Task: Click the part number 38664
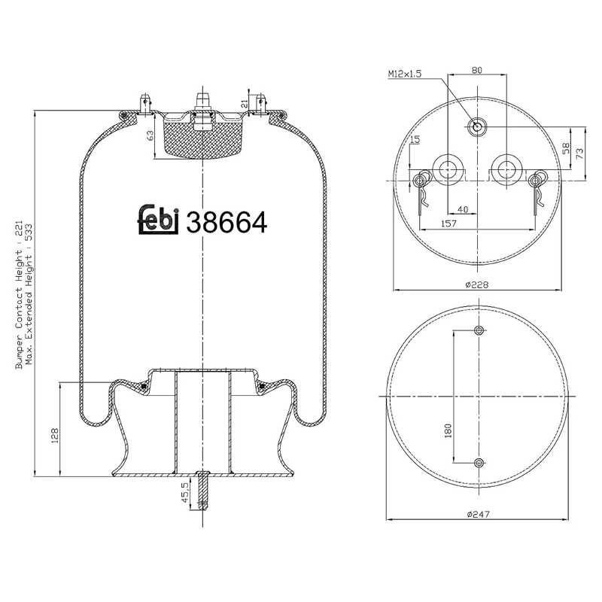tap(227, 221)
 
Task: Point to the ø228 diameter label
tap(476, 284)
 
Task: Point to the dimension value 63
tap(150, 136)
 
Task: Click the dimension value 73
tap(579, 154)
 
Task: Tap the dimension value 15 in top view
tap(415, 140)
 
